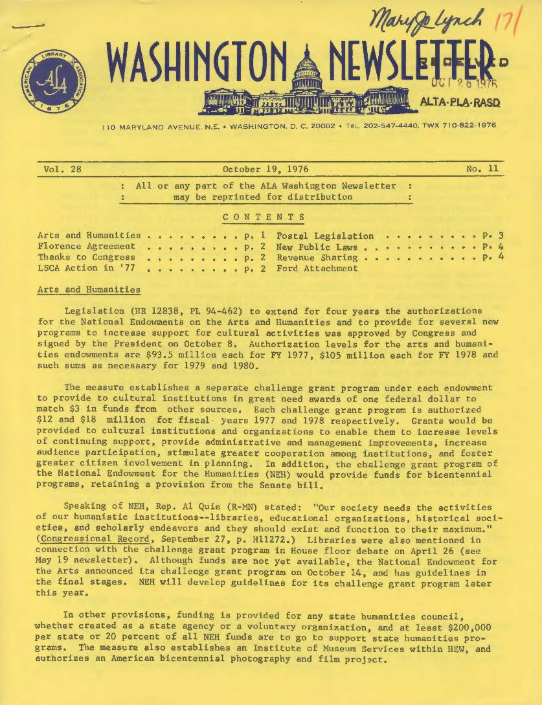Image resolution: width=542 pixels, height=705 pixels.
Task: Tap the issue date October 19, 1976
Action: [265, 170]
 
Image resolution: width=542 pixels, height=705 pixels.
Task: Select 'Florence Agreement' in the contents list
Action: [87, 246]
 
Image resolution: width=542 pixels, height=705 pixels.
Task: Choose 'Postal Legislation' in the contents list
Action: [325, 236]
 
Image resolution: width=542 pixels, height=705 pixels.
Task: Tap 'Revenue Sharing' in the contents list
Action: [317, 257]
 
